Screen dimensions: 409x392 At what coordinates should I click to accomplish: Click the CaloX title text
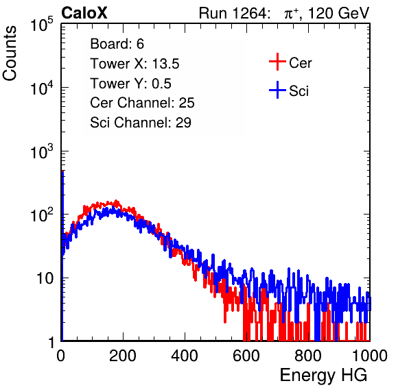coord(84,13)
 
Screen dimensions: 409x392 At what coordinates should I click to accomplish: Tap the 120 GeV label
coord(338,13)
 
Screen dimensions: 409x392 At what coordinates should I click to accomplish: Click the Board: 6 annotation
coord(117,44)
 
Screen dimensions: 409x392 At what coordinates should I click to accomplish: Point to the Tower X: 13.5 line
coord(135,64)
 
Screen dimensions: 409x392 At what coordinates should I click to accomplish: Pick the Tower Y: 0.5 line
coord(130,84)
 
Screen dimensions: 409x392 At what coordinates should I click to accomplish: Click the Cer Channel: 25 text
coord(142,103)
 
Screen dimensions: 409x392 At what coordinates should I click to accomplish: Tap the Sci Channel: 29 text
coord(141,123)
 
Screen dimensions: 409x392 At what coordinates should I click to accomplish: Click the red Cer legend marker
coord(277,62)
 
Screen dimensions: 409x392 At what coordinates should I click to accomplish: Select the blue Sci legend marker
coord(277,90)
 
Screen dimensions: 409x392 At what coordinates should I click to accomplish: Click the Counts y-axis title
coord(10,53)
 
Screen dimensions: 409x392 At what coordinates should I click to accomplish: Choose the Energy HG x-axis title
coord(323,376)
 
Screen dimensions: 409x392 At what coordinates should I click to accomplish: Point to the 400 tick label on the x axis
coord(185,355)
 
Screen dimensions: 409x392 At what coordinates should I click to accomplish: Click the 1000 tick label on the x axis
coord(370,355)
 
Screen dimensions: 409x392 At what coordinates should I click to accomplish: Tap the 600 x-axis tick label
coord(246,355)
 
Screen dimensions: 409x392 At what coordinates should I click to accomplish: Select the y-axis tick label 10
coord(45,278)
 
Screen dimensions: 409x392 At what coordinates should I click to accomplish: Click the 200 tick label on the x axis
coord(123,355)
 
